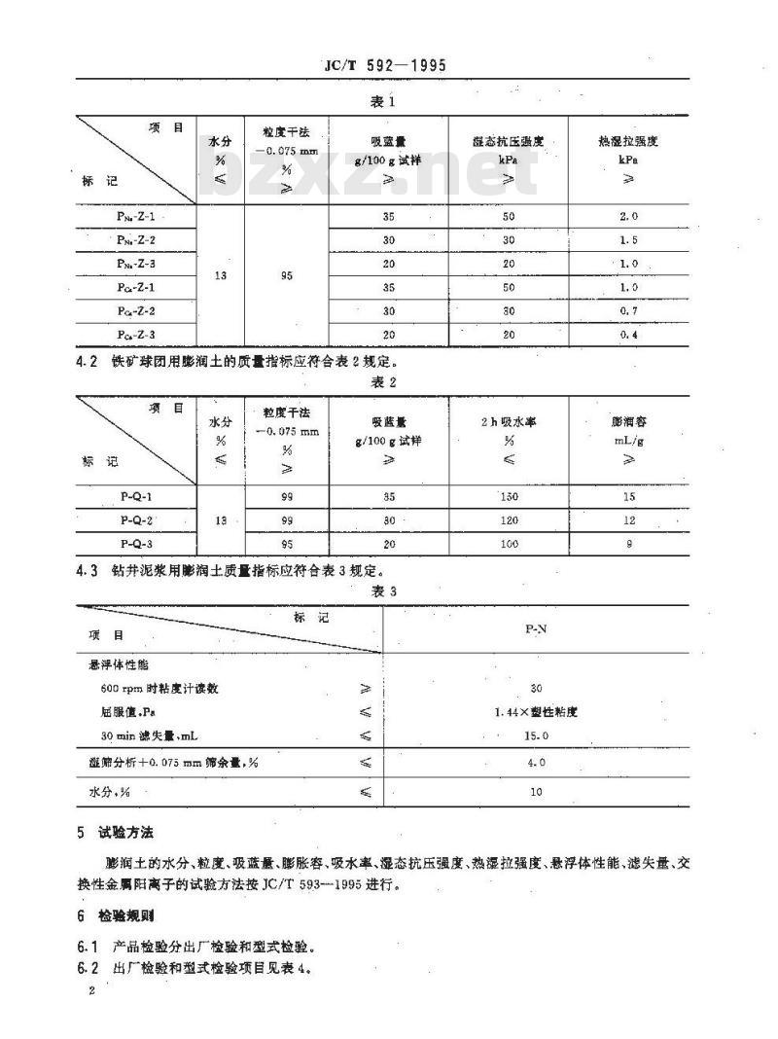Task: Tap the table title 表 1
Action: pos(386,100)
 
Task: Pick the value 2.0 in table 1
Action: pos(629,217)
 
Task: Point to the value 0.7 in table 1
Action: pos(629,310)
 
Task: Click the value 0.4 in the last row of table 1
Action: pos(629,334)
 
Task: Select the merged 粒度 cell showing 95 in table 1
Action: pos(287,275)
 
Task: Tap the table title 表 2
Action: pos(386,382)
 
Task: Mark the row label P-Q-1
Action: pos(136,496)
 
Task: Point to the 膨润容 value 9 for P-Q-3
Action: pos(629,544)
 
